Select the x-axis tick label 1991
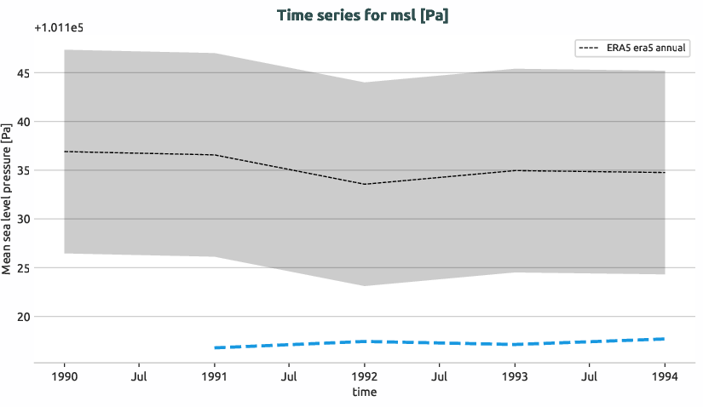click(214, 375)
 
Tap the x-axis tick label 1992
click(365, 375)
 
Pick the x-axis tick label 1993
click(515, 375)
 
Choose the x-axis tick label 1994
click(665, 375)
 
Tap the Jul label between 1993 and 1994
click(590, 375)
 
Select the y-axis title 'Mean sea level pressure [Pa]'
click(8, 199)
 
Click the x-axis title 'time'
click(364, 392)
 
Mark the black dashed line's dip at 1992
click(365, 184)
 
